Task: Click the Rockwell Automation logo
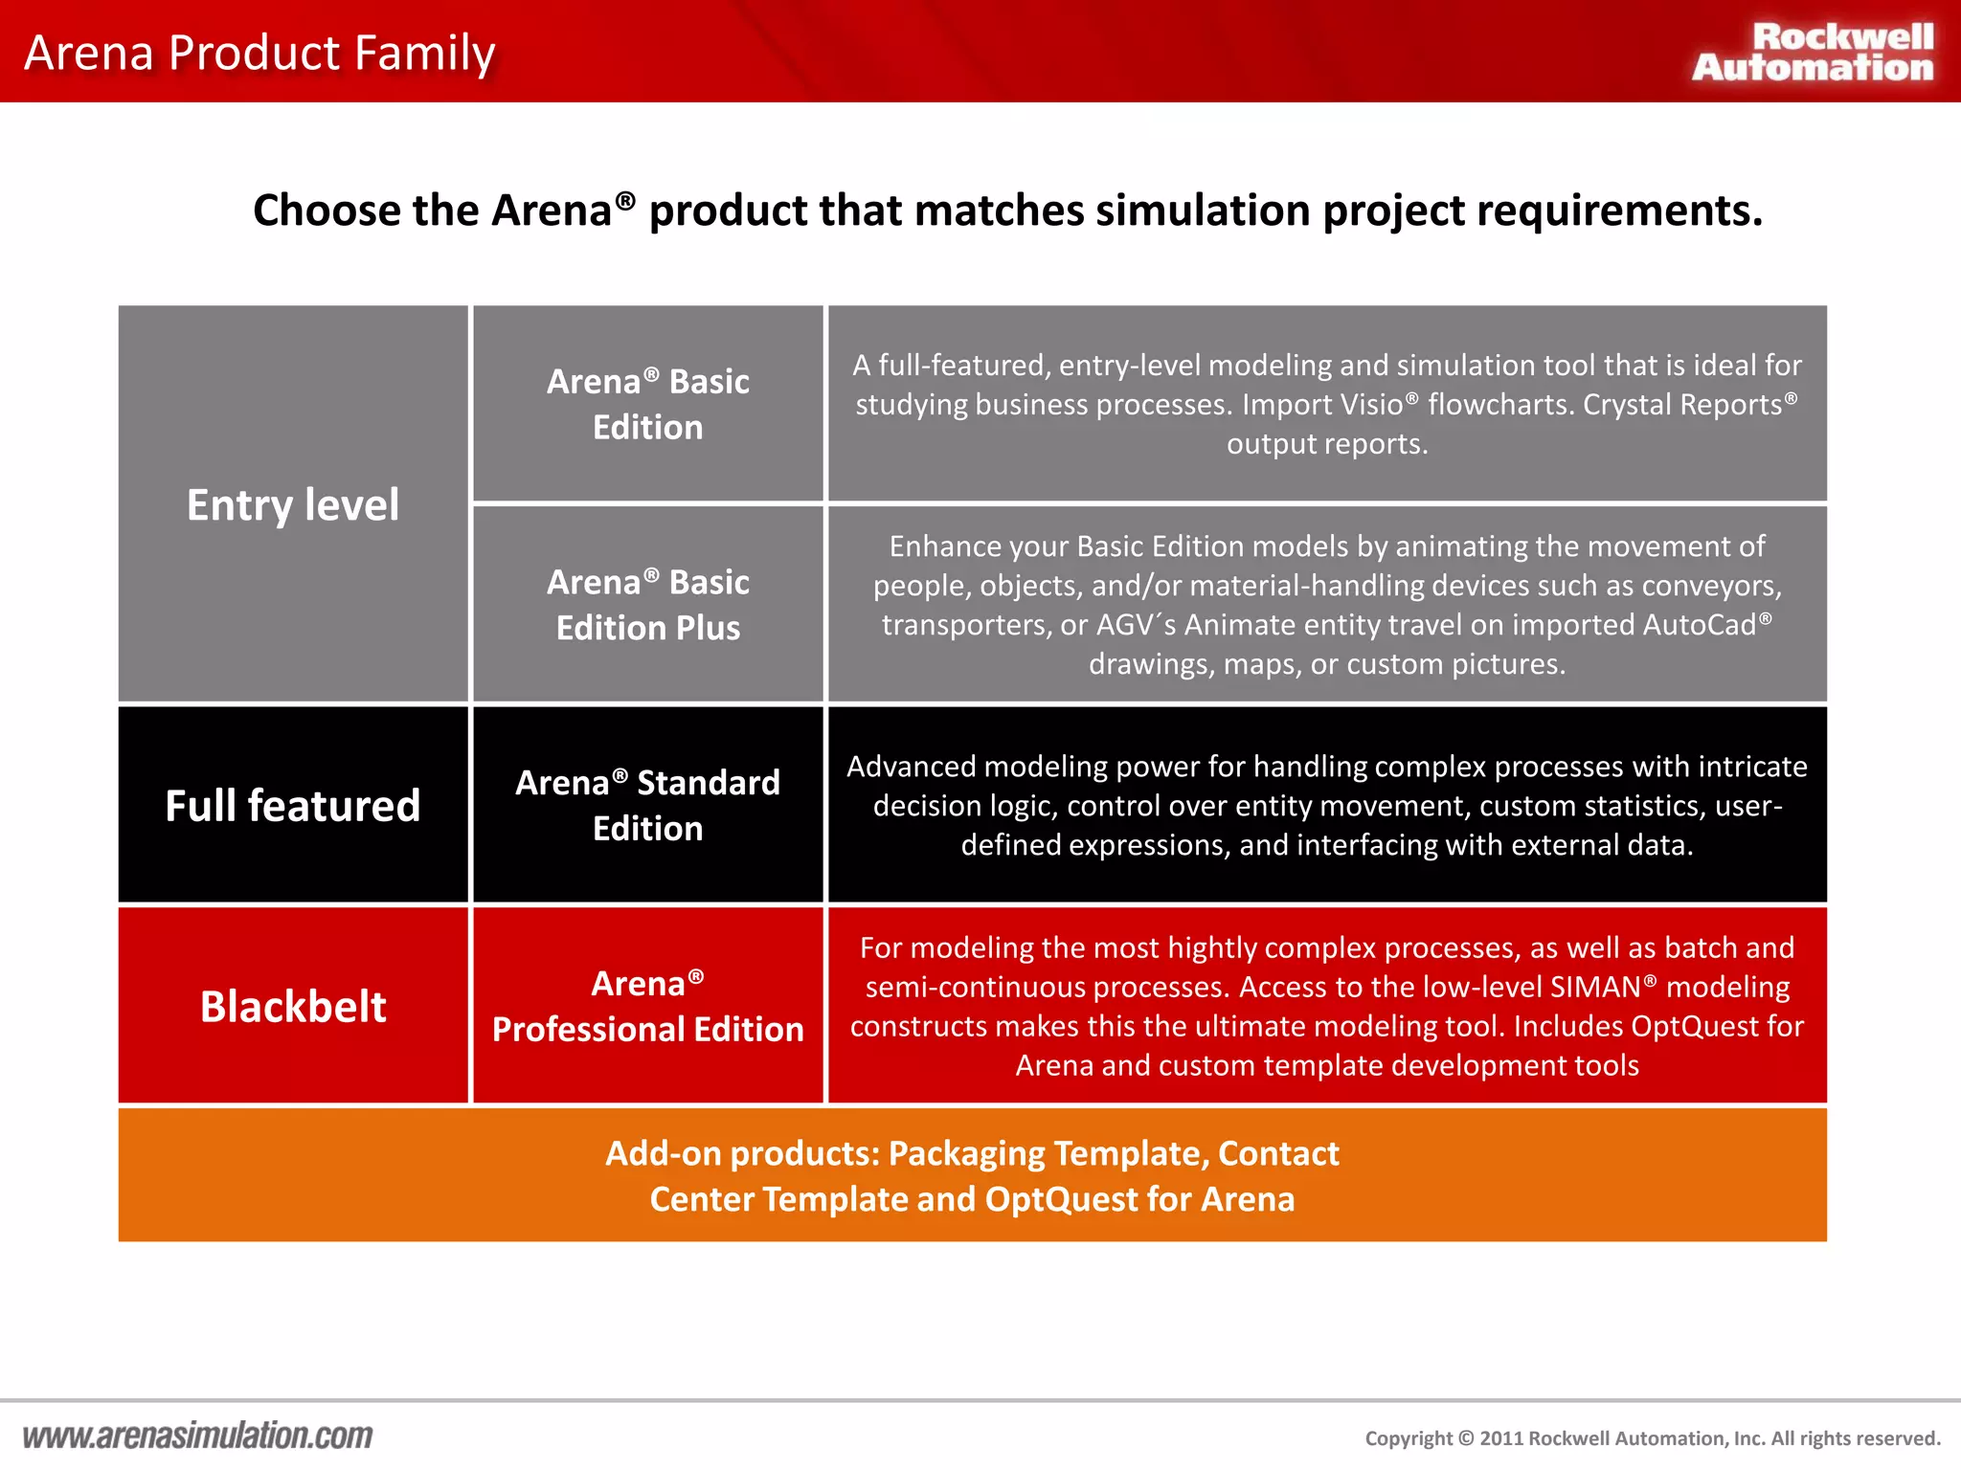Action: pyautogui.click(x=1813, y=52)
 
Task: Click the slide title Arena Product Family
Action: pyautogui.click(x=259, y=53)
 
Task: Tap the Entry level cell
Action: pyautogui.click(x=293, y=504)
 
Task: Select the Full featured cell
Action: pyautogui.click(x=293, y=805)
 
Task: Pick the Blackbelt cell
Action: pyautogui.click(x=293, y=1006)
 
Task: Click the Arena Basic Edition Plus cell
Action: pyautogui.click(x=648, y=604)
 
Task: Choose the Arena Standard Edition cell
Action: pyautogui.click(x=648, y=805)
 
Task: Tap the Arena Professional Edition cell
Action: pyautogui.click(x=648, y=1006)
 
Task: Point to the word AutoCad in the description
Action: pyautogui.click(x=1700, y=625)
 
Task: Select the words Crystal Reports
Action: pyautogui.click(x=1682, y=405)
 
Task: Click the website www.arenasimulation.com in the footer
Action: pyautogui.click(x=197, y=1436)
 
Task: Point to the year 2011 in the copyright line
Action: pyautogui.click(x=1500, y=1438)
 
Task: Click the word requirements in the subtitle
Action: pyautogui.click(x=1618, y=211)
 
